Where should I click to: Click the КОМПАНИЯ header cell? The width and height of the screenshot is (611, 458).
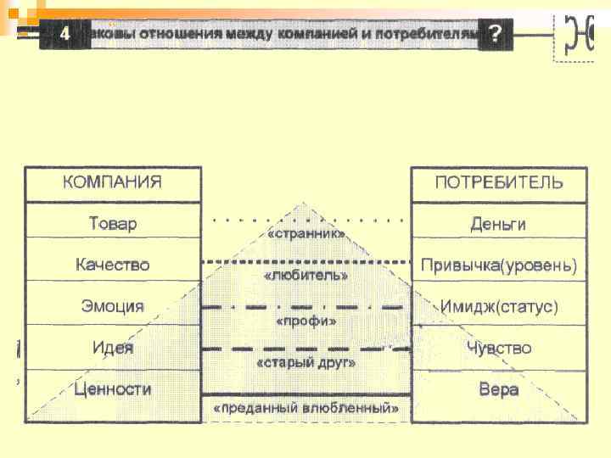[x=113, y=183]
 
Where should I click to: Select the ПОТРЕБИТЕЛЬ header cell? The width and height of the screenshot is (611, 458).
[x=498, y=183]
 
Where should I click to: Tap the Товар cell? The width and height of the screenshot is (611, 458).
[x=113, y=224]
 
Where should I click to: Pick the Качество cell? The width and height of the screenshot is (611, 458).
[x=113, y=265]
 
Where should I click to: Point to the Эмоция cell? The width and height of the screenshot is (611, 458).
[x=113, y=306]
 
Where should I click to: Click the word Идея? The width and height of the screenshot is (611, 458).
[x=113, y=348]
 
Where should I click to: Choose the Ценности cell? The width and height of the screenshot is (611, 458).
[x=113, y=389]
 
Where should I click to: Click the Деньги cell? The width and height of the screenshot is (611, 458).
[x=498, y=224]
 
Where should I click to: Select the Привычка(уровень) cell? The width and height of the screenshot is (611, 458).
[x=498, y=265]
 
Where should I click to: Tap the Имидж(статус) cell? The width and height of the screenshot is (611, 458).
[x=498, y=306]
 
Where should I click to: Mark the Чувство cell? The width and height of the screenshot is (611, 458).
[x=498, y=348]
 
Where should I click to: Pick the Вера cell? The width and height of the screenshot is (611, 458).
[x=498, y=389]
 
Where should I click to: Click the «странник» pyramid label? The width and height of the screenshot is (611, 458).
[x=305, y=233]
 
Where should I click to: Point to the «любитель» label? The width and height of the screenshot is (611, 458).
[x=305, y=275]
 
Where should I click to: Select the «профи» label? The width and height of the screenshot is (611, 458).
[x=305, y=321]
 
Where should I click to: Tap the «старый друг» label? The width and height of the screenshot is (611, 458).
[x=305, y=362]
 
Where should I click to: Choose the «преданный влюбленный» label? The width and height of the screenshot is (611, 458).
[x=305, y=408]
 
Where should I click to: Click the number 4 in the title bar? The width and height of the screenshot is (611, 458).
[x=64, y=35]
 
